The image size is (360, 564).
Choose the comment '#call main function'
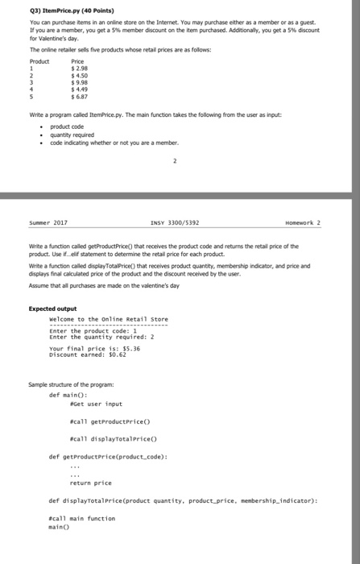(x=83, y=518)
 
